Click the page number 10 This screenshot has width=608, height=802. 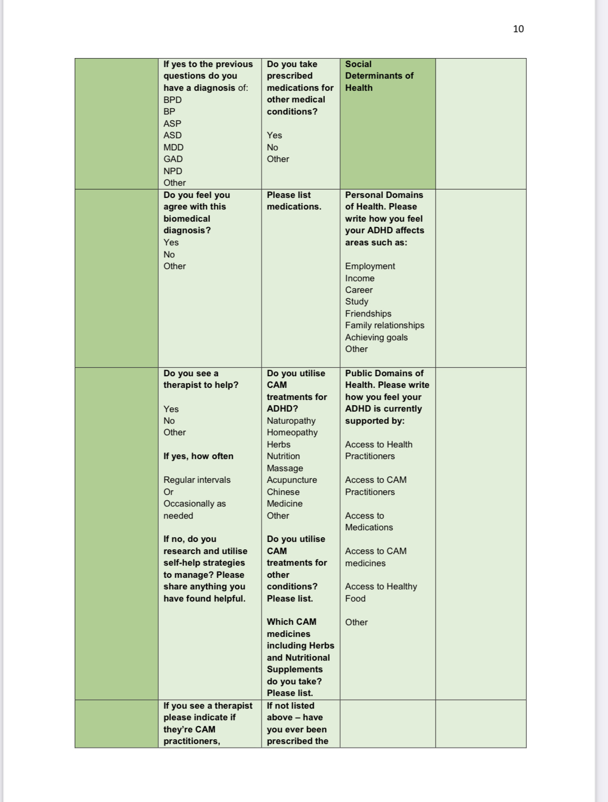(x=518, y=29)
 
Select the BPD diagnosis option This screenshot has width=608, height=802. (x=172, y=100)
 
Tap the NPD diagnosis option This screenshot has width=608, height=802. (x=172, y=171)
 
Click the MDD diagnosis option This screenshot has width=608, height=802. (x=173, y=147)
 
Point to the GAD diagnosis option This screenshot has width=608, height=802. (x=173, y=159)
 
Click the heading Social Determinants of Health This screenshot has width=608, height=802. (x=379, y=76)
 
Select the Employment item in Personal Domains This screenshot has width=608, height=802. (x=370, y=266)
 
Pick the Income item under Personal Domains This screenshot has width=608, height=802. (x=360, y=278)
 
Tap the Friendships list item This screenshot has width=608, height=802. (x=368, y=313)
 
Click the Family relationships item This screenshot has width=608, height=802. (x=384, y=326)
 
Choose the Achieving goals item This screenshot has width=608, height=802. (x=376, y=337)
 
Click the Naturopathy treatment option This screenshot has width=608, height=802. (x=291, y=421)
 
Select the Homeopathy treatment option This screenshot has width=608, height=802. (x=292, y=433)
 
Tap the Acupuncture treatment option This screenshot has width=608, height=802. (x=292, y=480)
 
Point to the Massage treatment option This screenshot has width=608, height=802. (x=285, y=468)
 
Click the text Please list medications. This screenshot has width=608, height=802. (x=294, y=201)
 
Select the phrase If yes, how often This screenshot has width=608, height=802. (x=198, y=456)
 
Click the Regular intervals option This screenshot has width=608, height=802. (x=197, y=480)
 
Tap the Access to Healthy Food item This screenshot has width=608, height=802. (x=381, y=593)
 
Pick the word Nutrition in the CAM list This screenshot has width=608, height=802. (x=283, y=456)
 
